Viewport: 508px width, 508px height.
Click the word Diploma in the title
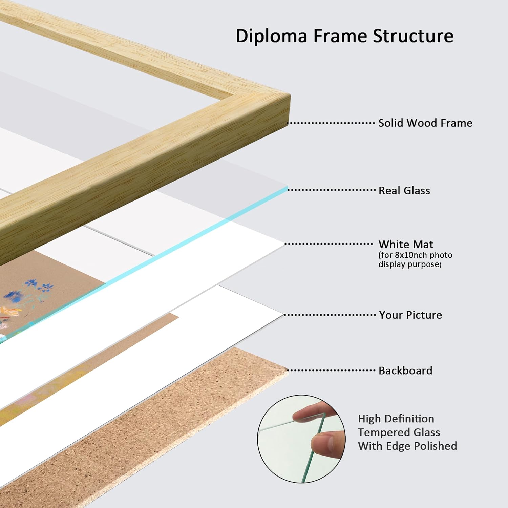coord(271,36)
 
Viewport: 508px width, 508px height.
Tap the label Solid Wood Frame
coord(425,123)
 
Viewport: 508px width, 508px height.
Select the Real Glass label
coord(404,191)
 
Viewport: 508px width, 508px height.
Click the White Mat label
coord(406,244)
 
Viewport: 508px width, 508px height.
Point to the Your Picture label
coord(410,315)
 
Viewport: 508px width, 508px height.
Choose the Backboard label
coord(405,371)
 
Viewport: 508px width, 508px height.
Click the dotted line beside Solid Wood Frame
coord(331,123)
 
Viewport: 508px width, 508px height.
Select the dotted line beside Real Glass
coord(332,190)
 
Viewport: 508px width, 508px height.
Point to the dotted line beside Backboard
coord(332,370)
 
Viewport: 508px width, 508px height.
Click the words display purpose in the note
coord(409,264)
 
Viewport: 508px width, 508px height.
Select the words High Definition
coord(396,419)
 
